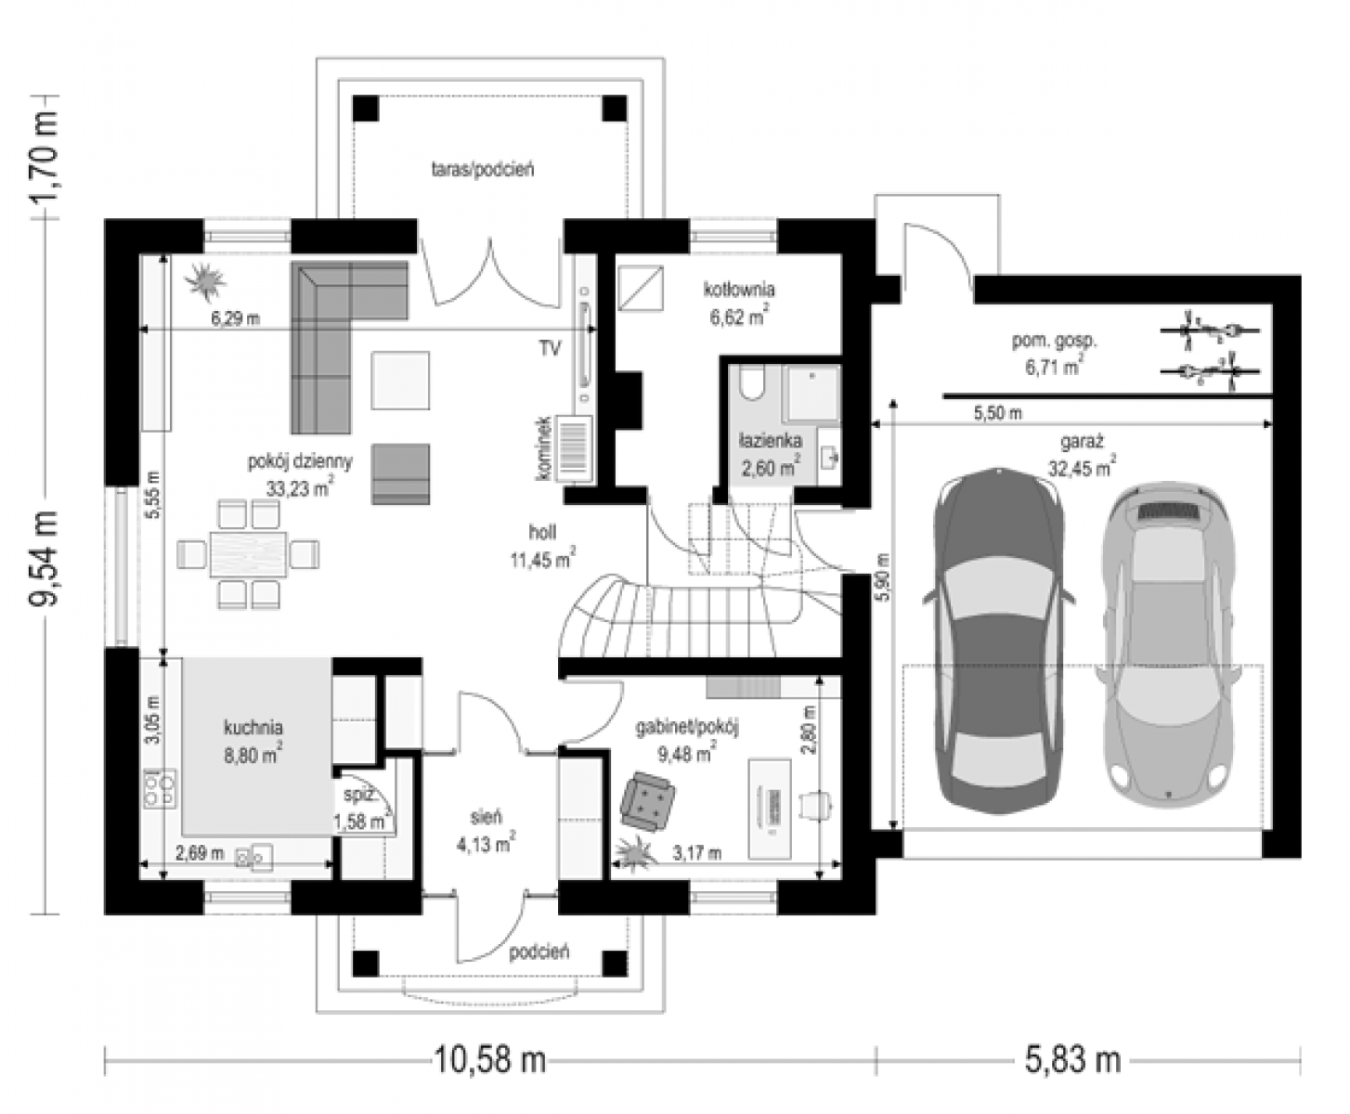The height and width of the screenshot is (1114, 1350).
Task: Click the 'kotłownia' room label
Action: click(739, 289)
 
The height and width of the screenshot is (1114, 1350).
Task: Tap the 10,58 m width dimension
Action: click(490, 1059)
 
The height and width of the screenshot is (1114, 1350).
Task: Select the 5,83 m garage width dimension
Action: click(1072, 1059)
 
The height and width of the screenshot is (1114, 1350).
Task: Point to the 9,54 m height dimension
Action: click(44, 559)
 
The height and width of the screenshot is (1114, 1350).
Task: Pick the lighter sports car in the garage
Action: click(1168, 644)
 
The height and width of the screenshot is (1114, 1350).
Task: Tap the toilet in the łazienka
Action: click(751, 384)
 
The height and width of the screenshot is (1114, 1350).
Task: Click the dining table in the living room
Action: click(248, 554)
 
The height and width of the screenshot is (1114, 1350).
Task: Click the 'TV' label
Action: click(551, 349)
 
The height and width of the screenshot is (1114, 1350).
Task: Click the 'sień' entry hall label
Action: click(487, 817)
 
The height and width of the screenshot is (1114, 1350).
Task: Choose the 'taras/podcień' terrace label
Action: click(483, 169)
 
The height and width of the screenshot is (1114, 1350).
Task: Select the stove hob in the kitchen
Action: click(160, 788)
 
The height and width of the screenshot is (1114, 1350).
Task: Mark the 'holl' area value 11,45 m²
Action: click(542, 559)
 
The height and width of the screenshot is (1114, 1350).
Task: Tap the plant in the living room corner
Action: click(205, 281)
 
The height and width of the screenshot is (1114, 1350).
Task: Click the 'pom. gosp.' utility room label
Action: click(1054, 341)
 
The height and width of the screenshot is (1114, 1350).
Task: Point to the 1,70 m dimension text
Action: click(44, 157)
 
